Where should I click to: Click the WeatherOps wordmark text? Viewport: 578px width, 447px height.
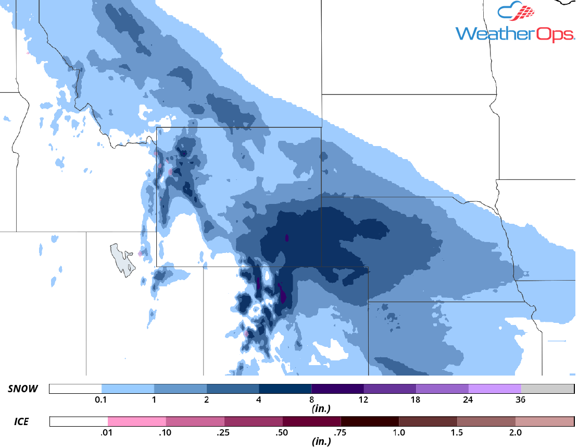515,34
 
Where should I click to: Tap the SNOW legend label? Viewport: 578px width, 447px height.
23,389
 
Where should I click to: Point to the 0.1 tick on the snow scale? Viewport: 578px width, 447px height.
102,400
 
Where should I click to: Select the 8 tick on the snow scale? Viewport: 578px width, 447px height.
311,400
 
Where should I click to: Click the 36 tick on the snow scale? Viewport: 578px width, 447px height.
521,400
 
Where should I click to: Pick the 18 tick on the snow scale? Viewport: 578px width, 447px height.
416,400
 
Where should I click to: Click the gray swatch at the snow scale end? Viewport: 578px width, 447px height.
547,389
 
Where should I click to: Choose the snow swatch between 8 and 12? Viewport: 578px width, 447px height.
337,389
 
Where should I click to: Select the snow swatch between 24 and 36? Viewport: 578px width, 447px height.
495,389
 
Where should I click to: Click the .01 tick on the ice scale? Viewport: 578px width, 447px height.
108,432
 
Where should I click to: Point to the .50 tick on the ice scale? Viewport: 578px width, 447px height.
283,432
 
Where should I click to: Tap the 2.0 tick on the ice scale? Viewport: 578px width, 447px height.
515,432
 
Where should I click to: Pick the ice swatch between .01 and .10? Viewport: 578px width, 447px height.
137,421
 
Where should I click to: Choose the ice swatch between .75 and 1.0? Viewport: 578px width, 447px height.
370,421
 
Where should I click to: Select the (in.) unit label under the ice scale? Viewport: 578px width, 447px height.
321,442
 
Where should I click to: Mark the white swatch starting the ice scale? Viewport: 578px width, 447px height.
79,421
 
